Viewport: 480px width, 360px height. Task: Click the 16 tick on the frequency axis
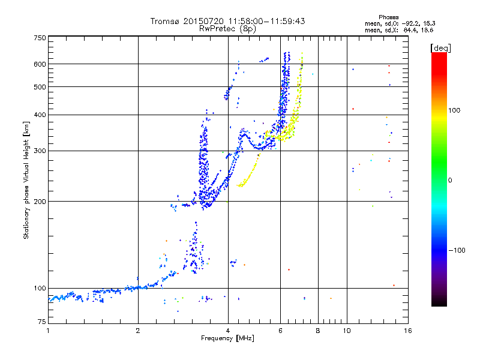pyautogui.click(x=407, y=331)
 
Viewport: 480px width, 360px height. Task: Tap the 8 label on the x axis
pyautogui.click(x=318, y=331)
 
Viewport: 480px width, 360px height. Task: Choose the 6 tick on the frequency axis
pyautogui.click(x=280, y=331)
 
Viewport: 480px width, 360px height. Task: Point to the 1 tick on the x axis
pyautogui.click(x=48, y=331)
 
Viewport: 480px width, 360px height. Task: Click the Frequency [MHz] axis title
pyautogui.click(x=228, y=338)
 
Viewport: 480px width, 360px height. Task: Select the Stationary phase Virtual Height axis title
pyautogui.click(x=26, y=180)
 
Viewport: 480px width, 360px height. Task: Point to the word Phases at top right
pyautogui.click(x=389, y=17)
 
